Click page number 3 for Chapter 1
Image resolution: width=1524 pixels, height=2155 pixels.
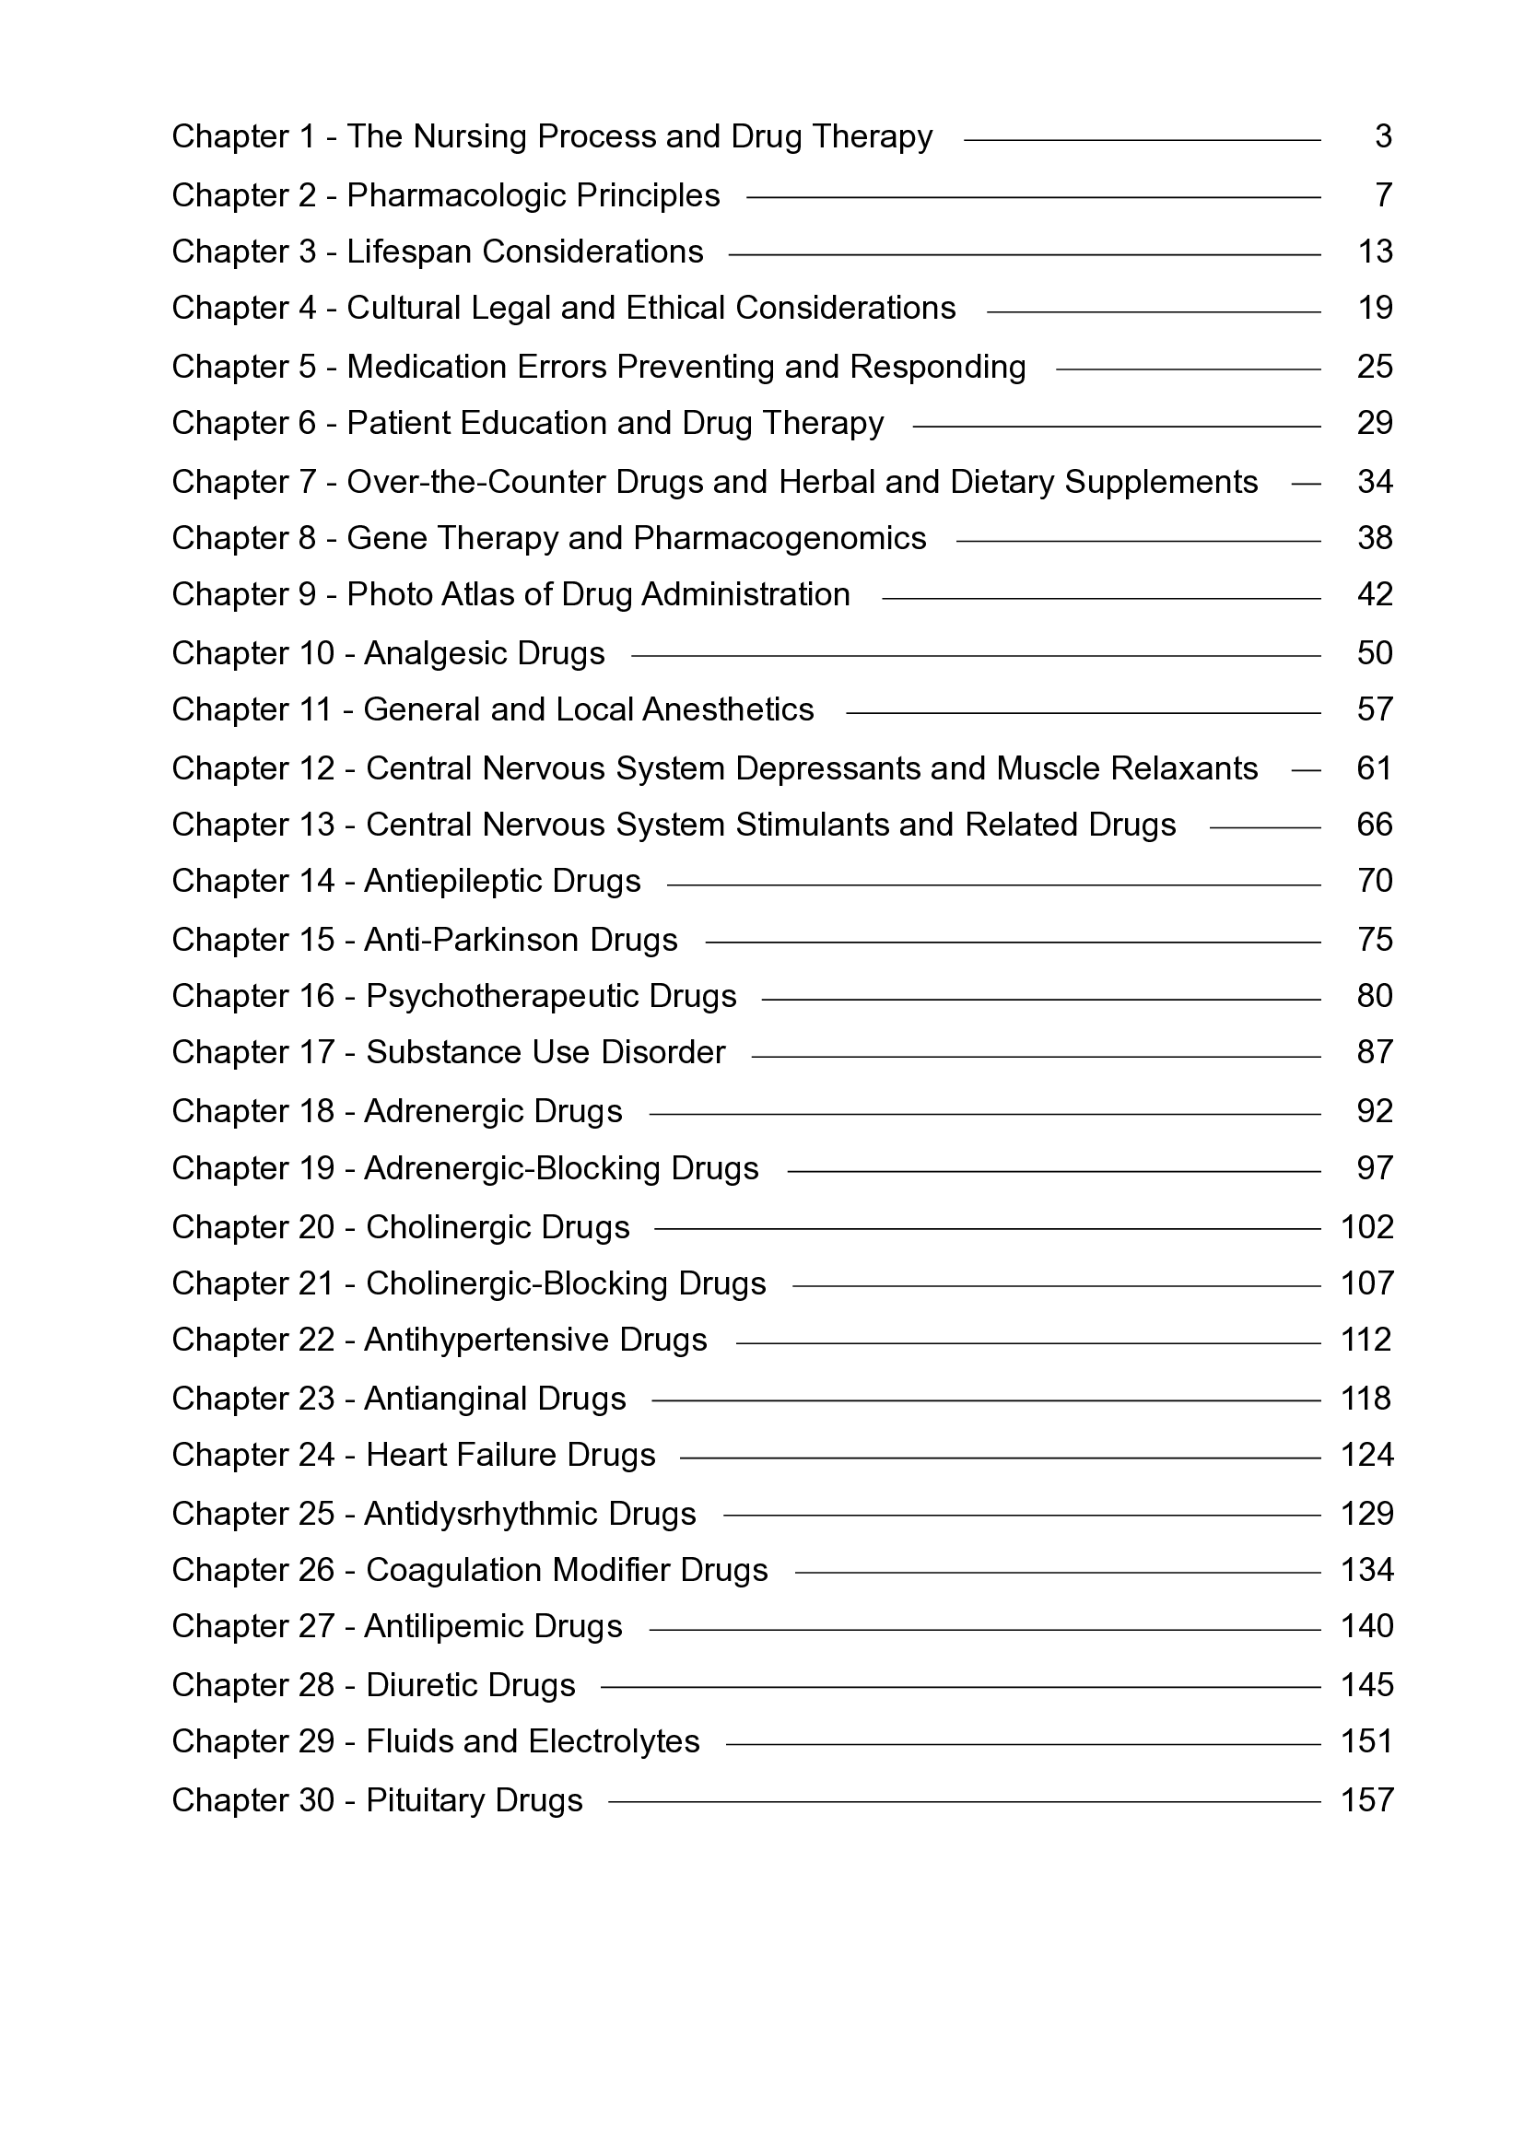1383,137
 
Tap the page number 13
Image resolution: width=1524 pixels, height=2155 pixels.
1375,252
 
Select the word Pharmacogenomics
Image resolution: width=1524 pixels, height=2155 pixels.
780,538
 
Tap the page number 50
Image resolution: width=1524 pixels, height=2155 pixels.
1375,653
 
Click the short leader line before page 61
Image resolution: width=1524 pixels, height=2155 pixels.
1306,770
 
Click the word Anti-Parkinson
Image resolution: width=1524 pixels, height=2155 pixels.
472,940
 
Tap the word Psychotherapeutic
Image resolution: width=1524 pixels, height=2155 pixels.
502,996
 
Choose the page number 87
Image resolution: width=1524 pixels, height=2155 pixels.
1375,1052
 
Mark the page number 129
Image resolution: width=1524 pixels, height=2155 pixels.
1367,1513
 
